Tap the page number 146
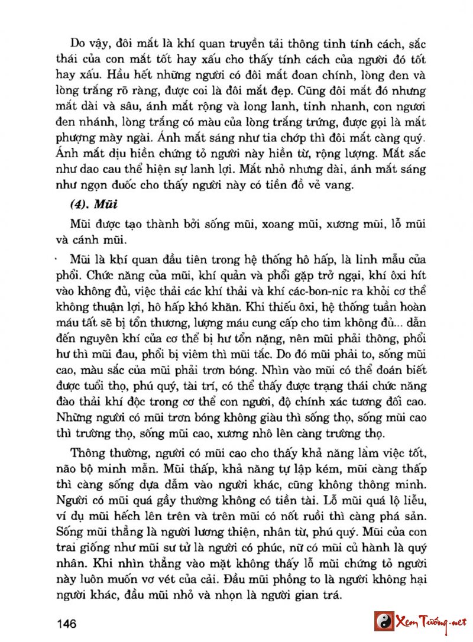[x=70, y=623]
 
